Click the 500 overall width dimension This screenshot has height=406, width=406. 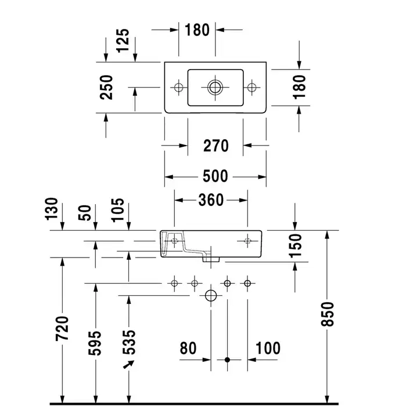click(x=215, y=176)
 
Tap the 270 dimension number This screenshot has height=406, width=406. click(x=215, y=146)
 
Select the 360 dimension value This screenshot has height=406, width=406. click(x=210, y=200)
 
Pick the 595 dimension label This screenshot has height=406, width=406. click(x=96, y=342)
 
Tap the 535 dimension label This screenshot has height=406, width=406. click(x=128, y=342)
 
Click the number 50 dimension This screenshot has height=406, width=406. click(x=86, y=212)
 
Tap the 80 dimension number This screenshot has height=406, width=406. click(x=188, y=348)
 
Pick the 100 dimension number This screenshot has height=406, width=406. click(x=268, y=348)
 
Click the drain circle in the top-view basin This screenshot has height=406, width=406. click(x=215, y=88)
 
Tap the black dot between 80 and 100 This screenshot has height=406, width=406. click(x=228, y=360)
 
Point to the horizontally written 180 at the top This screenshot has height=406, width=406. click(x=197, y=29)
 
